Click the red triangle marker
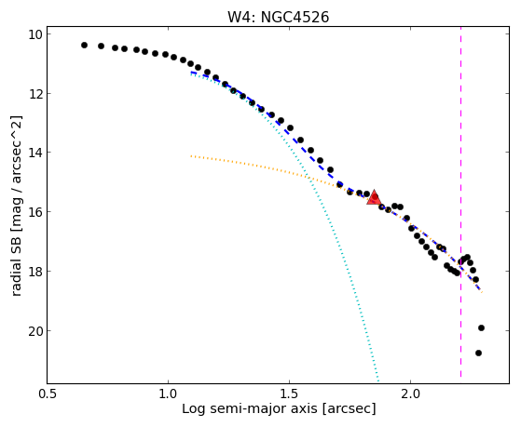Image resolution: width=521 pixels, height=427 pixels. tap(374, 197)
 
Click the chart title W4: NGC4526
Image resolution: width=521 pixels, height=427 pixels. tap(278, 18)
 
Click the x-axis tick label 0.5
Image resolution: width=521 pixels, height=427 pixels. tap(48, 394)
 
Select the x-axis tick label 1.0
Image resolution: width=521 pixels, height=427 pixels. tap(168, 394)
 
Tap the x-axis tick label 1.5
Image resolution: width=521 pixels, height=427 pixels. tap(290, 394)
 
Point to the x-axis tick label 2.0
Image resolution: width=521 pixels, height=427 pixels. tap(410, 394)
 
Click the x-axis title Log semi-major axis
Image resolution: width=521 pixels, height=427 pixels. tap(250, 408)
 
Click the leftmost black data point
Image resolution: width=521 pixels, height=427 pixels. tap(84, 45)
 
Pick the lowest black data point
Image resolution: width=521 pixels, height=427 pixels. tap(478, 353)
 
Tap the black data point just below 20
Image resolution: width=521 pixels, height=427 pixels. tap(481, 328)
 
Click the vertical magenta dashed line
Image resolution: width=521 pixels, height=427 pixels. tap(460, 202)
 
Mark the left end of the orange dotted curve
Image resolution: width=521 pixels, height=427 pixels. tap(191, 155)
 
